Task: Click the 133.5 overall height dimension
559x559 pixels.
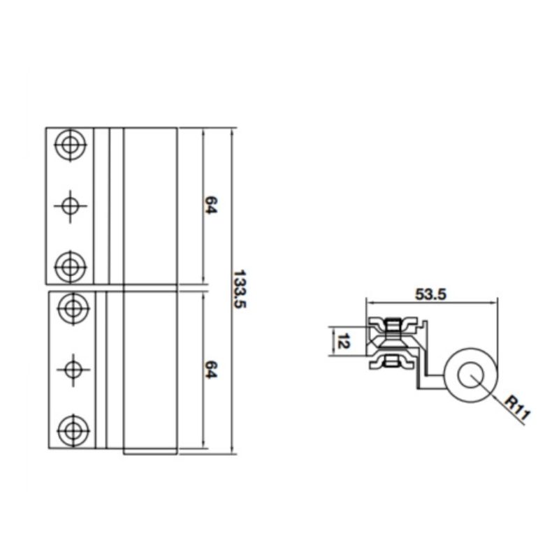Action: tap(240, 290)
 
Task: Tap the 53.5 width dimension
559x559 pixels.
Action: tap(430, 294)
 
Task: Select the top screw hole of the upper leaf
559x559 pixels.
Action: tap(70, 145)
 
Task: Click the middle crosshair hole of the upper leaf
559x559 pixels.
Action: tap(70, 205)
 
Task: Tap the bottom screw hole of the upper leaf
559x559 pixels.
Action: tap(70, 266)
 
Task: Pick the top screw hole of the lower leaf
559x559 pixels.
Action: tap(71, 307)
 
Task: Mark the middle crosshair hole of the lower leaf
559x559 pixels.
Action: tap(71, 368)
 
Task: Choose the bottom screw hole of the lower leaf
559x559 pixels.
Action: tap(71, 428)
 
